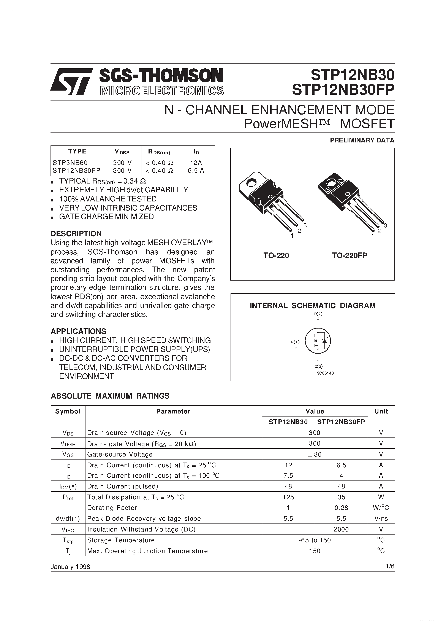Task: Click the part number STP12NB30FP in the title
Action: coord(343,90)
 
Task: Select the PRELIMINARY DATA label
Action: coord(362,140)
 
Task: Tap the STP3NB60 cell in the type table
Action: coord(70,163)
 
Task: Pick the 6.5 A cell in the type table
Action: coord(196,171)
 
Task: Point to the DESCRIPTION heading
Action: coord(76,233)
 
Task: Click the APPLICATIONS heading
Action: coord(78,331)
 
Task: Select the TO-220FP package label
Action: coord(349,255)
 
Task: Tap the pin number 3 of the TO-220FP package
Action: coord(385,225)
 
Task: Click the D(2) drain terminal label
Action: coord(318,314)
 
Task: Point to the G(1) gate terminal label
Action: coord(295,342)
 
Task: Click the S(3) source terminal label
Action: coord(318,366)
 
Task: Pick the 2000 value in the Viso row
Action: coord(341,529)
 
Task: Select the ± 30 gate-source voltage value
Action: coord(315,455)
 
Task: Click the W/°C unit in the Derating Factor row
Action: coord(381,508)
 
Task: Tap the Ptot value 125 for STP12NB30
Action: coord(288,497)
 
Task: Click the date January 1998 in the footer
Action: coord(70,567)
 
